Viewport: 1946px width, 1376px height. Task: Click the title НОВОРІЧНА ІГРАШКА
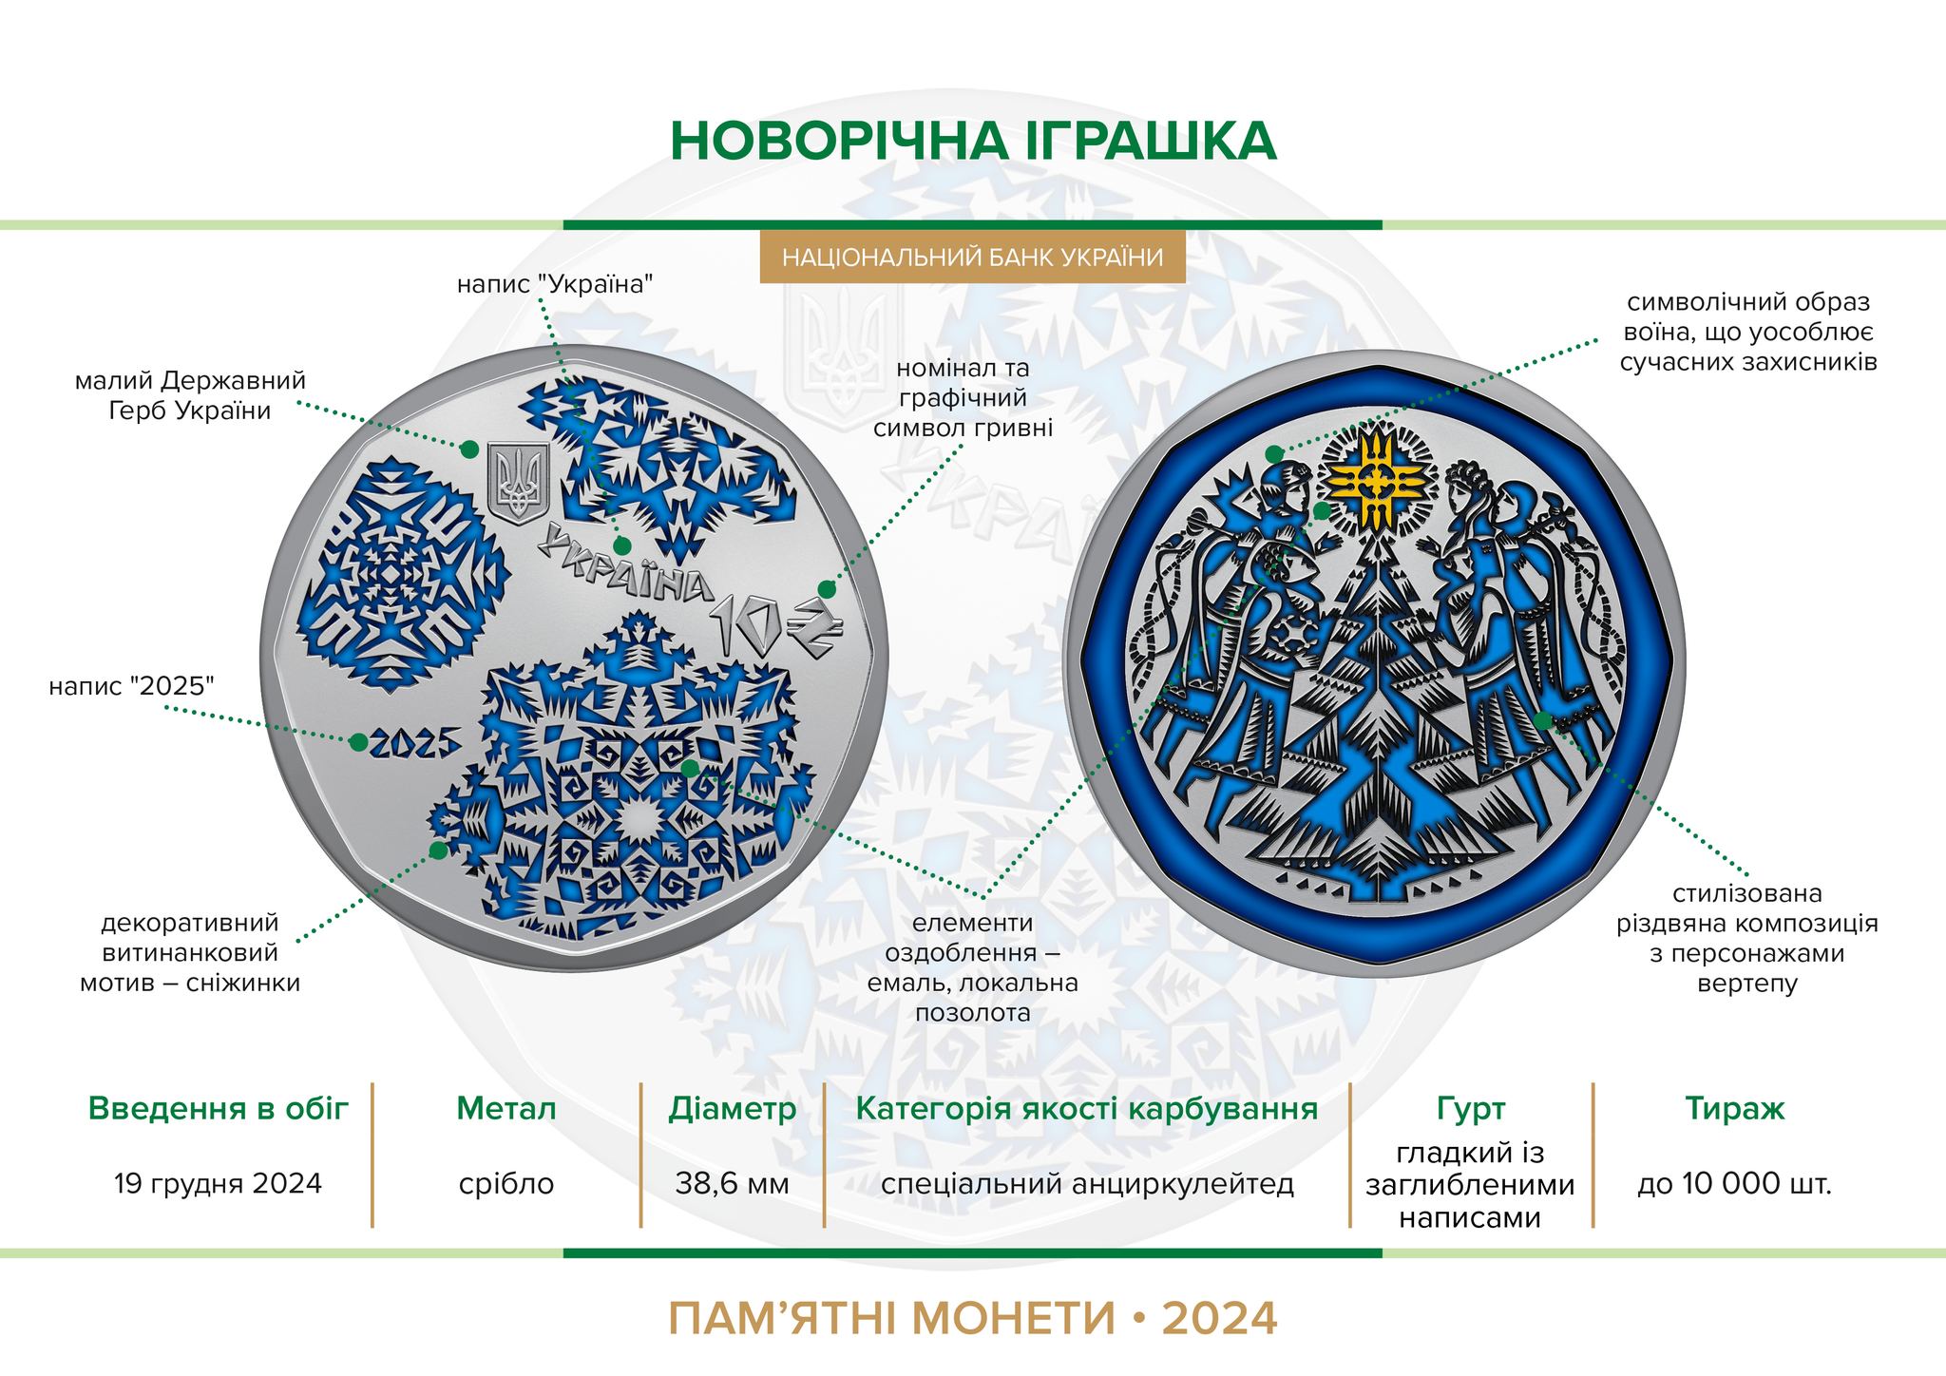[973, 141]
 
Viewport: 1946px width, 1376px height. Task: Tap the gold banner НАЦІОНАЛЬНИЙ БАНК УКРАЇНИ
[973, 258]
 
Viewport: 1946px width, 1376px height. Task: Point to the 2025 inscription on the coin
[414, 744]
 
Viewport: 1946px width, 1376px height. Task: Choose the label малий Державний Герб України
[190, 396]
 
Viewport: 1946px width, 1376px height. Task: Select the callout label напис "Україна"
[555, 284]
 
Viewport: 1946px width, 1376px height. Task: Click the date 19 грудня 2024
[218, 1183]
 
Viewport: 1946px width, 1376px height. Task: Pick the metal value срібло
[506, 1184]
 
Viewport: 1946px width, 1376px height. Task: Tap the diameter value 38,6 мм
[733, 1184]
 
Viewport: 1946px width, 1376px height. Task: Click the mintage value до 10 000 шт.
[1735, 1184]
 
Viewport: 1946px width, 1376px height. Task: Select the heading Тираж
[1735, 1108]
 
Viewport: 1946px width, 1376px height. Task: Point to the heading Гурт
[1471, 1109]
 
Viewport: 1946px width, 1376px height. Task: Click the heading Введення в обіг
[219, 1108]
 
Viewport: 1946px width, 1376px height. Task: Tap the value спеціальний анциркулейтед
[1088, 1184]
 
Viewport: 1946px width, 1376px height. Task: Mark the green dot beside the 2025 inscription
[358, 742]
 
